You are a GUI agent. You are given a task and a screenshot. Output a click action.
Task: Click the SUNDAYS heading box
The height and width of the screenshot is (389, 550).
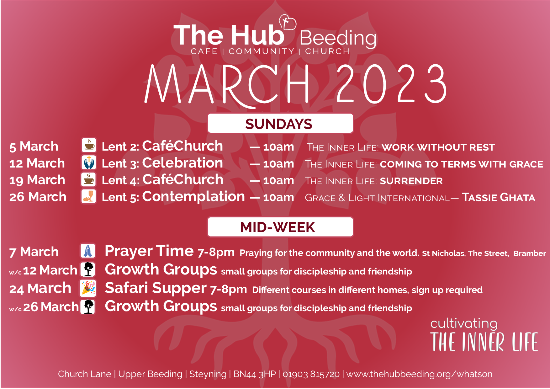point(280,123)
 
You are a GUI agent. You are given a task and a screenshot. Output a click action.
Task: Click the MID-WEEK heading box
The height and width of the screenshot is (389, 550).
point(280,227)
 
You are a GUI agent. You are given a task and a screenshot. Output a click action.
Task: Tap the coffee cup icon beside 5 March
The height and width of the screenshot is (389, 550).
point(89,145)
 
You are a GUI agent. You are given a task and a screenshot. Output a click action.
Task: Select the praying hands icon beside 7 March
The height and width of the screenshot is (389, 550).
point(88,251)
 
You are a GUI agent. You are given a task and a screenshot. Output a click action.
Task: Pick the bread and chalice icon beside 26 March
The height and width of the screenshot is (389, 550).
point(88,196)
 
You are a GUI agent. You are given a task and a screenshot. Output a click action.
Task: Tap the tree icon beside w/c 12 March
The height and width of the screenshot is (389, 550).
point(88,269)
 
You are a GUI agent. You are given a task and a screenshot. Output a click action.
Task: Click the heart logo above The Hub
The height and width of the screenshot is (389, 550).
point(288,23)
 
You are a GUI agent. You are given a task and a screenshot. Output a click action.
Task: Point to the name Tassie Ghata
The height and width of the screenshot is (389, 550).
point(498,198)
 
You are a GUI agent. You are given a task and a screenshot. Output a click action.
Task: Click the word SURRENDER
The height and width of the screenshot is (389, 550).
point(411,181)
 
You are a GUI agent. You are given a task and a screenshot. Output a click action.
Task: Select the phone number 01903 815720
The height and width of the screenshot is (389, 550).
point(311,374)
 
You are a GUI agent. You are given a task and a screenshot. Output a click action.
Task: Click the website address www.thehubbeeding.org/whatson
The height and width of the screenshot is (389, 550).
point(419,374)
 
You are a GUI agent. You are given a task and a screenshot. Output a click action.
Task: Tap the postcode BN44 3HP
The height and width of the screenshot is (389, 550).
point(255,374)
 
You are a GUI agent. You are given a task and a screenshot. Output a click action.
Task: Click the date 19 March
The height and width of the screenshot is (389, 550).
point(37,180)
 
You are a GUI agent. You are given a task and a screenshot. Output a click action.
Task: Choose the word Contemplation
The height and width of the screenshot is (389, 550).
point(193,197)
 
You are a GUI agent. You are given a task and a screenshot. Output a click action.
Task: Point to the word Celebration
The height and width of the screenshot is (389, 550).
point(182,163)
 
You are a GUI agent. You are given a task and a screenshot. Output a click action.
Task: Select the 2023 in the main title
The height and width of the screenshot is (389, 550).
point(391,84)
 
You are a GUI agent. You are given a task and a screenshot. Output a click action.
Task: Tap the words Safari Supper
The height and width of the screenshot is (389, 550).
point(156,288)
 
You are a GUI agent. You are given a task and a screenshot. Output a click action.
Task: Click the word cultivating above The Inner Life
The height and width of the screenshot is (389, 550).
point(464,323)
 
